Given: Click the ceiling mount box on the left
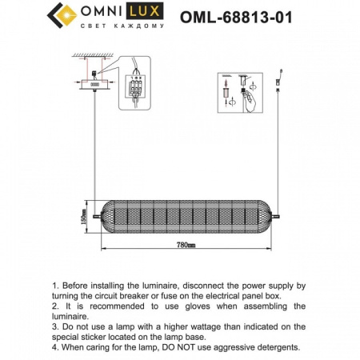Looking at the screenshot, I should pos(94,82).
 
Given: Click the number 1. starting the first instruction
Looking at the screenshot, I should pos(54,285).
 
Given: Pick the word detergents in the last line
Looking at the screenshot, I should pos(274,347).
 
